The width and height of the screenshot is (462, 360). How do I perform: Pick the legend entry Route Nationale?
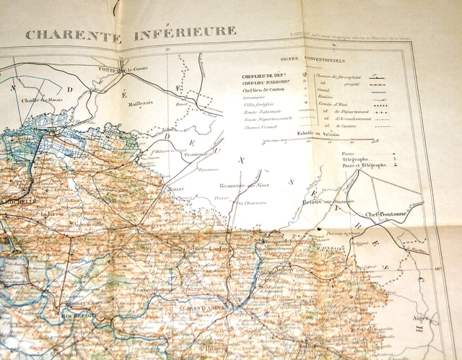pyautogui.click(x=251, y=111)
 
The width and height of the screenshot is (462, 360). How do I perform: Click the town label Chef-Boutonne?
pyautogui.click(x=388, y=213)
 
